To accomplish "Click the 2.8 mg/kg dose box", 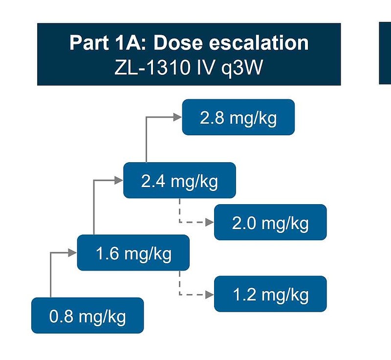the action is click(239, 117).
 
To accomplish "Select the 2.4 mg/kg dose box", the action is click(179, 180).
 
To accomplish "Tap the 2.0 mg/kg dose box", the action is click(270, 222).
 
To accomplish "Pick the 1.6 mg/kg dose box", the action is click(133, 253).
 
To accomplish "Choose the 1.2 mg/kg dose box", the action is click(270, 294).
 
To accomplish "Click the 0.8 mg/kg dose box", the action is click(87, 316).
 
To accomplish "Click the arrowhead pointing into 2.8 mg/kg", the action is click(178, 117).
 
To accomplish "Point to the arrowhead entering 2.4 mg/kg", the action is click(119, 180).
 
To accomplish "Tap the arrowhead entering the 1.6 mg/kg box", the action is click(72, 253).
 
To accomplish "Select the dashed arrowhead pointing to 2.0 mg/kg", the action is click(210, 222).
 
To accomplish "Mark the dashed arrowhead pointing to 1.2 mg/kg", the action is click(210, 295).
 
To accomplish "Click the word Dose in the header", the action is click(178, 43).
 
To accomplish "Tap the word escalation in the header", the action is click(259, 43).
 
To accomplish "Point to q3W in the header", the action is click(242, 68).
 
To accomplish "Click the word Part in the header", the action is click(89, 43).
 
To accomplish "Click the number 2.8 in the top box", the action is click(212, 118).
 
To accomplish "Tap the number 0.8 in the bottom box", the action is click(61, 316).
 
